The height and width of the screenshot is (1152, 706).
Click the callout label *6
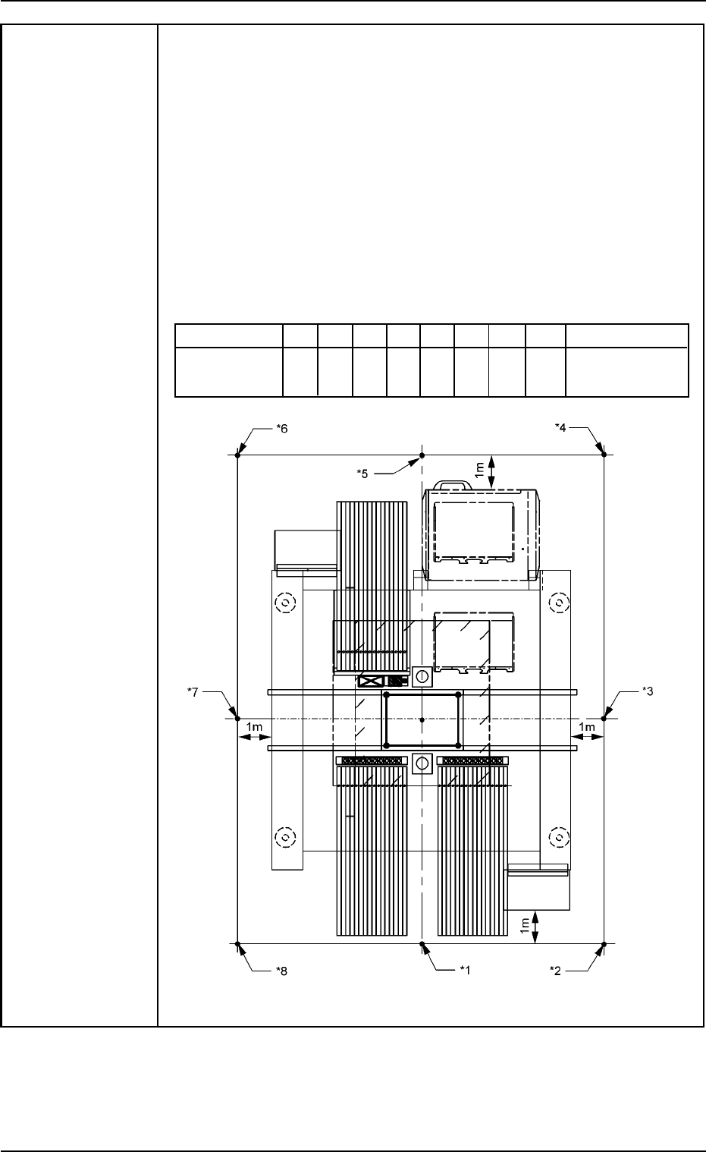pyautogui.click(x=282, y=429)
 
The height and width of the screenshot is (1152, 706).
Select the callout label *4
pyautogui.click(x=560, y=427)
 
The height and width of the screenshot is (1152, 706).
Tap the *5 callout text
pyautogui.click(x=362, y=474)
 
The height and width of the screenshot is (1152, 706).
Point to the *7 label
pyautogui.click(x=193, y=692)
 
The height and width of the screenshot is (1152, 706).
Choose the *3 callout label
pyautogui.click(x=648, y=691)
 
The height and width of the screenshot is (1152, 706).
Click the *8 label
pyautogui.click(x=281, y=971)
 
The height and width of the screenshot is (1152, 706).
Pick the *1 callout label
pyautogui.click(x=465, y=970)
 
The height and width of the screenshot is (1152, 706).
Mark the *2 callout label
pyautogui.click(x=555, y=971)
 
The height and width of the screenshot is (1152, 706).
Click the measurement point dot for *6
pyautogui.click(x=237, y=455)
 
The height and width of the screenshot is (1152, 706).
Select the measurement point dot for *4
pyautogui.click(x=604, y=455)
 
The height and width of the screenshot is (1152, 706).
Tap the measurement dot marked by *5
pyautogui.click(x=422, y=455)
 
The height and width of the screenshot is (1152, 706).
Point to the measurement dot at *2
pyautogui.click(x=604, y=944)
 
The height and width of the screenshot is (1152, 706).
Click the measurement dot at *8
pyautogui.click(x=237, y=944)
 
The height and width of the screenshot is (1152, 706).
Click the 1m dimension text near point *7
pyautogui.click(x=254, y=727)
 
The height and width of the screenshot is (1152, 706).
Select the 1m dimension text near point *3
pyautogui.click(x=586, y=727)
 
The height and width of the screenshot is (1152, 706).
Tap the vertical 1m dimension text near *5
pyautogui.click(x=479, y=470)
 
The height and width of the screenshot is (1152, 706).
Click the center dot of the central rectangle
pyautogui.click(x=422, y=720)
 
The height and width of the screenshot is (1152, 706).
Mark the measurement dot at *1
pyautogui.click(x=422, y=944)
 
